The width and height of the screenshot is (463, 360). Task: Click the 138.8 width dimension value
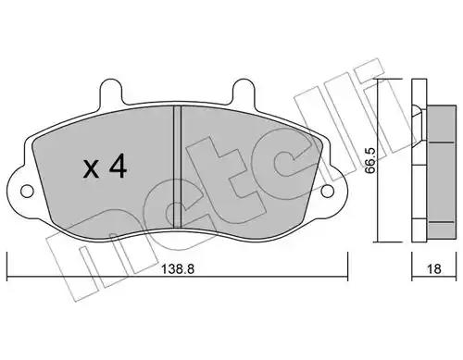pyautogui.click(x=178, y=269)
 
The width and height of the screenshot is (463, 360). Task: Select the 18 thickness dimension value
pyautogui.click(x=434, y=269)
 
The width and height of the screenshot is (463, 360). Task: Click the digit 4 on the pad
pyautogui.click(x=119, y=166)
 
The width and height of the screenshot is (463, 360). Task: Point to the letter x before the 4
pyautogui.click(x=91, y=169)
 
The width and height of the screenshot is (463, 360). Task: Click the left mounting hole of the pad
pyautogui.click(x=27, y=192)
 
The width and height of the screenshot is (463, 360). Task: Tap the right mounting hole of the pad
pyautogui.click(x=328, y=192)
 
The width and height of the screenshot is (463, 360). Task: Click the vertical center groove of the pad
pyautogui.click(x=177, y=167)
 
